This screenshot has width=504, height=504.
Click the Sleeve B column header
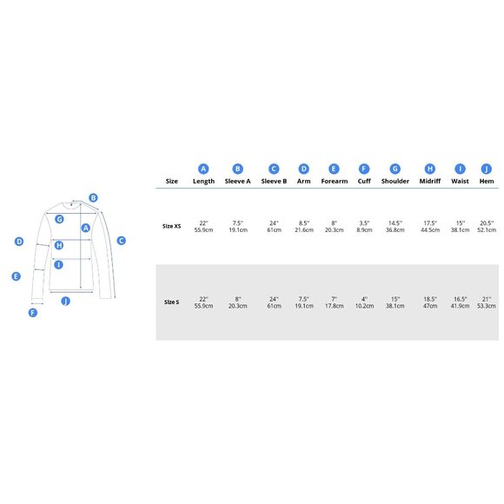pos(274,181)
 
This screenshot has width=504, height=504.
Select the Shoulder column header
pos(395,181)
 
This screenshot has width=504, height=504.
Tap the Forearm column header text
pos(335,181)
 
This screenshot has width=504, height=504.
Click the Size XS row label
pos(172,226)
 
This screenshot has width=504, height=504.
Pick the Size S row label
pos(172,302)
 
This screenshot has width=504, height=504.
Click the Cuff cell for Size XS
pos(364,226)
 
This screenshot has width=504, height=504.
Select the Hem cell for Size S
pos(487,302)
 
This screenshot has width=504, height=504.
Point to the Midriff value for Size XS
pos(430,226)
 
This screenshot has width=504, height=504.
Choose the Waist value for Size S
pos(460,302)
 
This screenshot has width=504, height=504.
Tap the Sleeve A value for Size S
pos(238,302)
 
